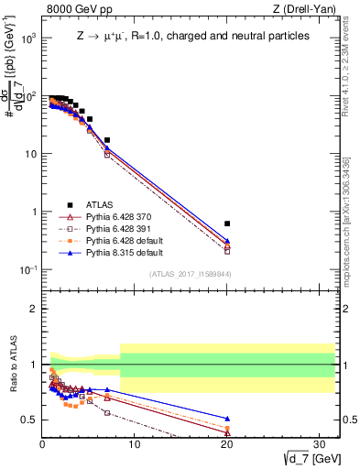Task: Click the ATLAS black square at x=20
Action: coord(227,224)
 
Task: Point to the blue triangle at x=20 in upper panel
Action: coord(227,241)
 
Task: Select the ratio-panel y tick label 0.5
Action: coord(29,420)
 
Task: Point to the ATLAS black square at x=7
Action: coord(107,140)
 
